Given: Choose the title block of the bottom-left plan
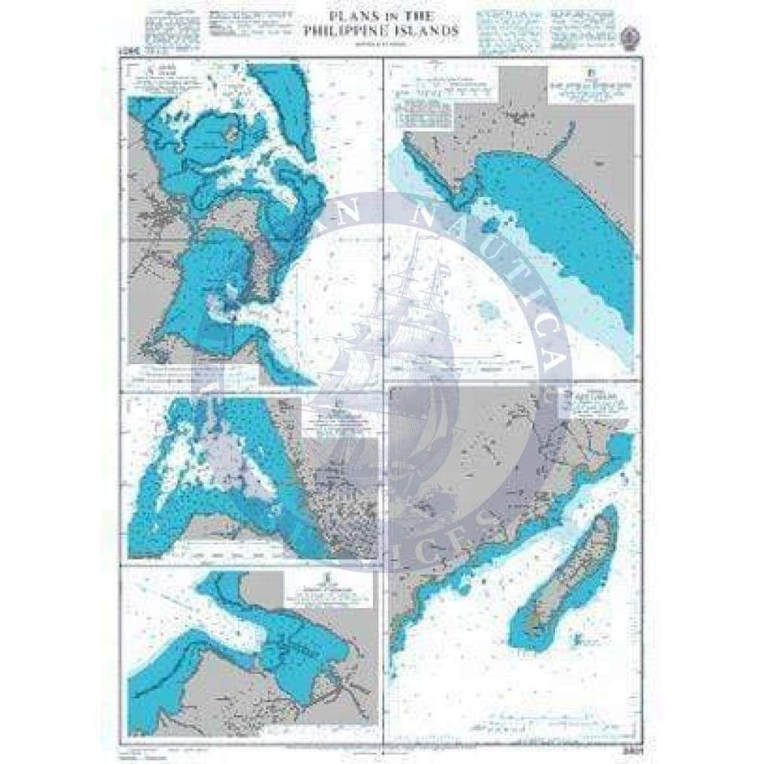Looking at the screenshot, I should point(325,592).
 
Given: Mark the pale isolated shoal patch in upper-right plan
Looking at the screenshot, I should point(490,310).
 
